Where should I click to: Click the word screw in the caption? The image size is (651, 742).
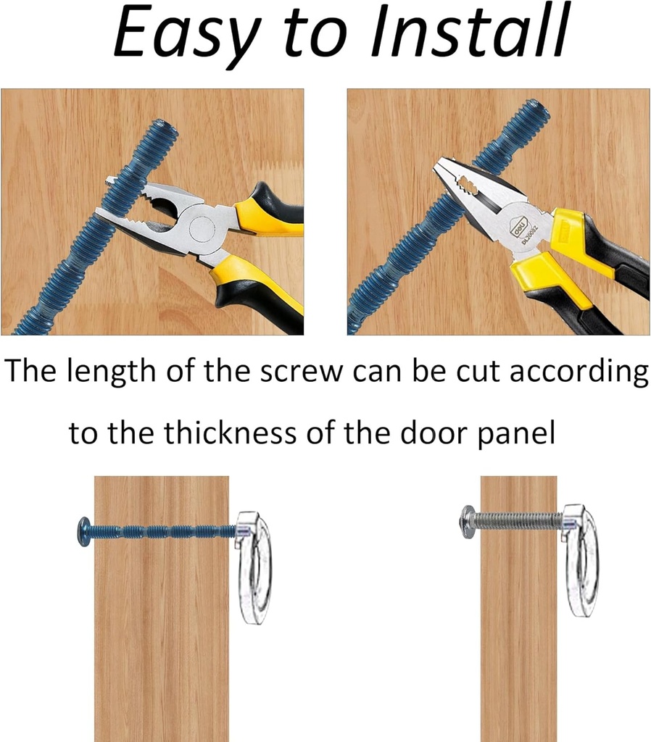pos(301,372)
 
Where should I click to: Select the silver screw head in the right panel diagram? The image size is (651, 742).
pos(468,521)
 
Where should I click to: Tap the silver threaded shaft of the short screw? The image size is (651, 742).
pos(519,522)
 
